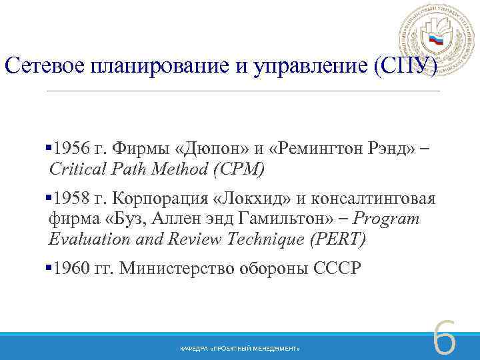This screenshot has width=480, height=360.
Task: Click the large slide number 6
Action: coord(445,338)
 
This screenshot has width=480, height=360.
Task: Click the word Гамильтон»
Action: coord(289,218)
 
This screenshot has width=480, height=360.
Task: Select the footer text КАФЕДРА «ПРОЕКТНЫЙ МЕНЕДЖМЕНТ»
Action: coord(240,349)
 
